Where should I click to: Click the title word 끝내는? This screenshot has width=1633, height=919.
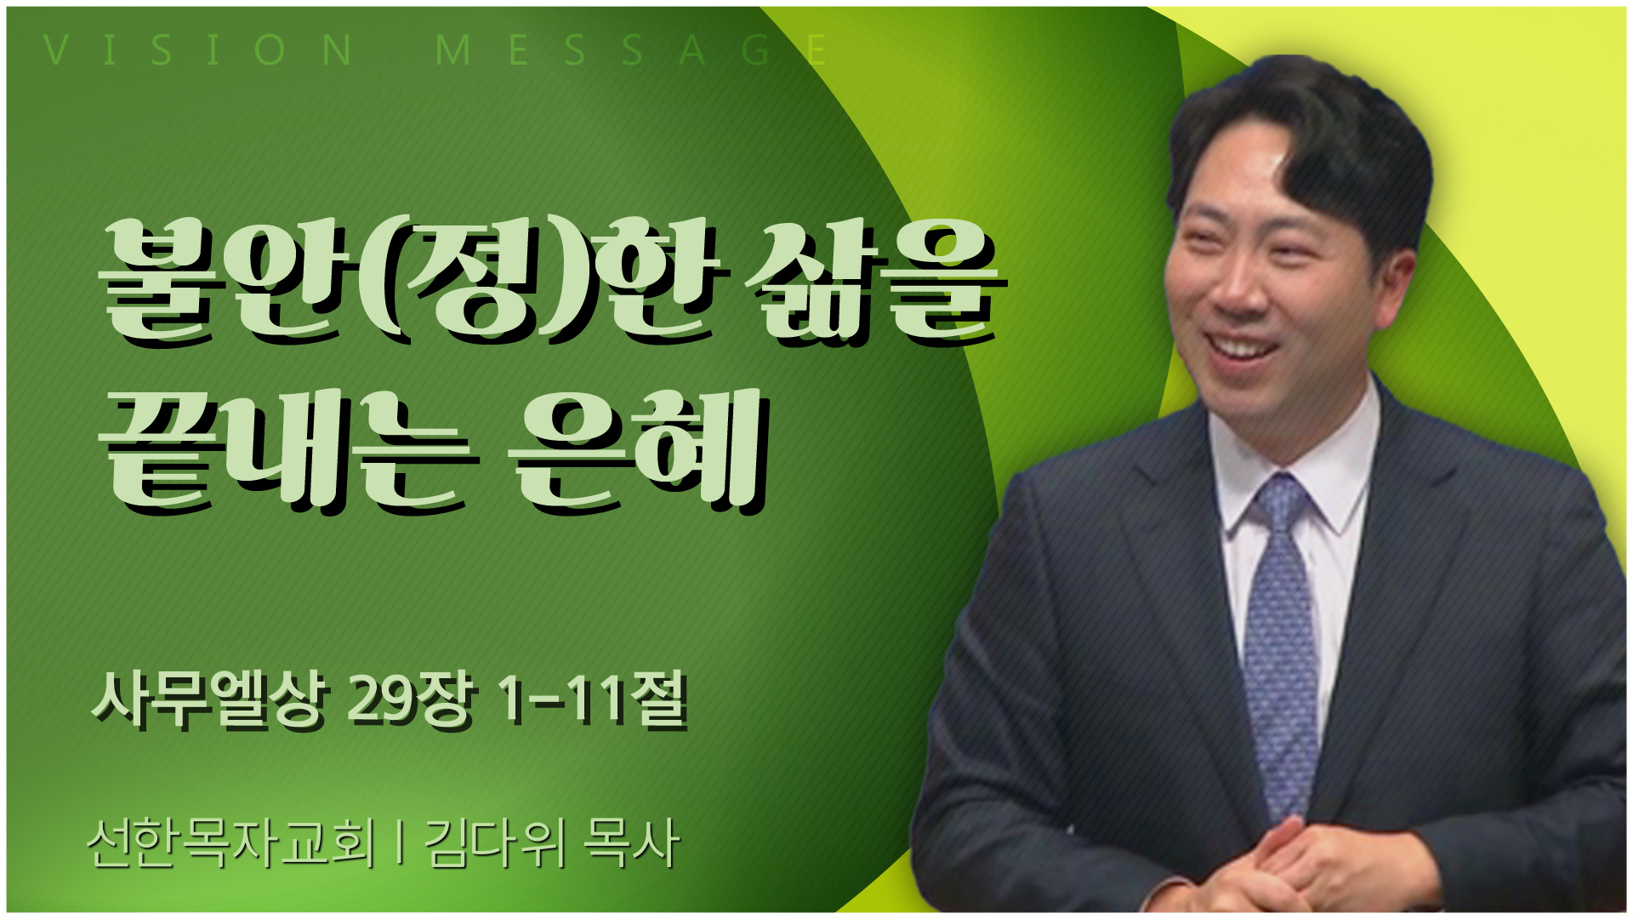coord(289,451)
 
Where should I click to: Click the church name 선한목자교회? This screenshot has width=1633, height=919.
coord(231,842)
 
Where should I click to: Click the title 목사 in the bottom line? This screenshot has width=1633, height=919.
coord(631,842)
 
